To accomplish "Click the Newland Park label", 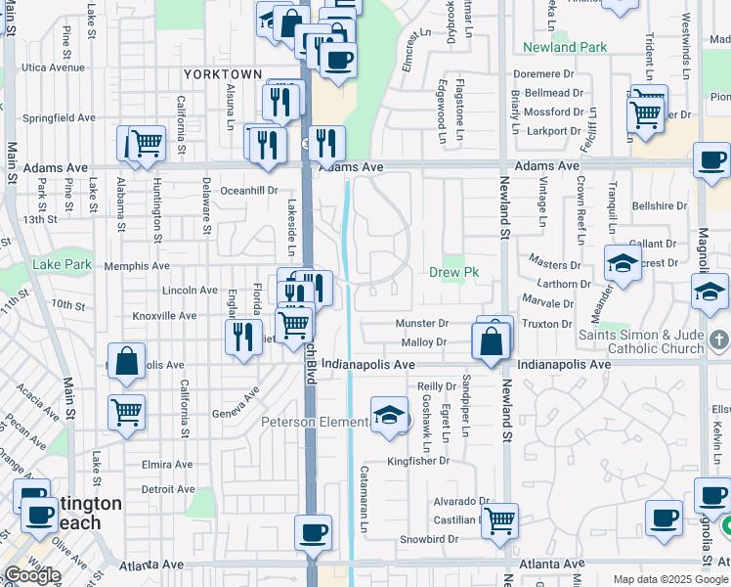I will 565,47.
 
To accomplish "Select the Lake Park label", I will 62,264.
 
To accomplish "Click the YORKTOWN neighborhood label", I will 223,74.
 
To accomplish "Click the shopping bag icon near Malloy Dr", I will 493,341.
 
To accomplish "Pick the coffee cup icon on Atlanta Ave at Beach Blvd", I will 313,532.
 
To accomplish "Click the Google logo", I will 31,575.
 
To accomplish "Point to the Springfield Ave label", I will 60,117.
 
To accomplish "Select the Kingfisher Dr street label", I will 417,460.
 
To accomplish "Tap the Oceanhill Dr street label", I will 249,191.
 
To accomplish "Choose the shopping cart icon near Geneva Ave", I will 127,411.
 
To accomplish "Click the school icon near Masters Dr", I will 623,262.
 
